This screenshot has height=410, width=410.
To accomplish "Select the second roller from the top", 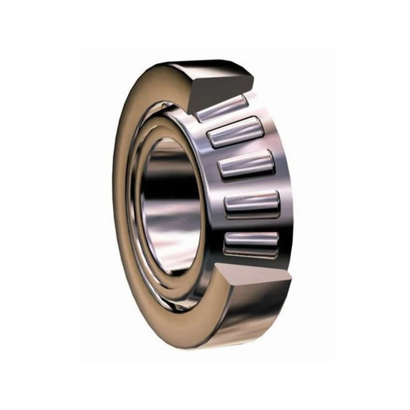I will pyautogui.click(x=234, y=134).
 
